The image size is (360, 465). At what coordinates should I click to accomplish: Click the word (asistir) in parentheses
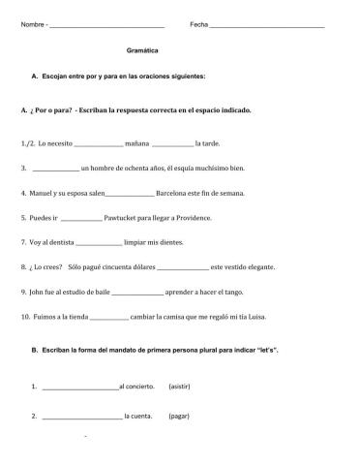pos(180,387)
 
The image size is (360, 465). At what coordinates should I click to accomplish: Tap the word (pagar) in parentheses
pos(179,417)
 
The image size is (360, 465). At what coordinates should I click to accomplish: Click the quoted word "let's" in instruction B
pos(267,349)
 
